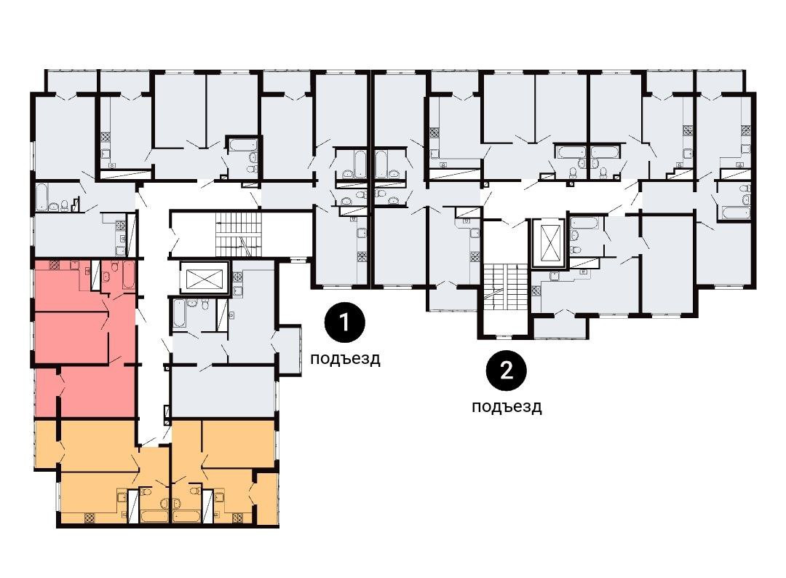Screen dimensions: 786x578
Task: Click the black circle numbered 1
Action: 344,322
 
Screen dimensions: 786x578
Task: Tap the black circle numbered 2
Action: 507,371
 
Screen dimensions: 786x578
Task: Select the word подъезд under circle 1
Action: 345,359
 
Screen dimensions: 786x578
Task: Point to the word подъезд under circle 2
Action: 507,406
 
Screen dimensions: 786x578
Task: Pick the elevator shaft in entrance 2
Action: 549,243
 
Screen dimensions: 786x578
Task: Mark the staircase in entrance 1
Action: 239,234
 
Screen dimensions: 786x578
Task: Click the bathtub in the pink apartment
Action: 129,274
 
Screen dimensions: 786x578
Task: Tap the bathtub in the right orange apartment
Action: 186,516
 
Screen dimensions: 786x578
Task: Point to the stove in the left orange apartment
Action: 90,518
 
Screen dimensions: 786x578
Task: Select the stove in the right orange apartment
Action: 237,518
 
